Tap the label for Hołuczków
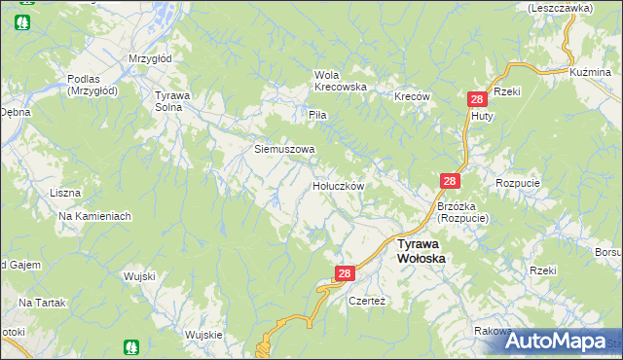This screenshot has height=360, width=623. [x=338, y=185]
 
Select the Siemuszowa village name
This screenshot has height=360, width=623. [x=284, y=150]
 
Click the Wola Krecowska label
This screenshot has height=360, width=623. [x=340, y=81]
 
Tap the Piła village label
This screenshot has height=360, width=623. [x=317, y=115]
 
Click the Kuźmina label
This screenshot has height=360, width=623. [x=590, y=72]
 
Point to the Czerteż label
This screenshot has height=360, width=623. [x=368, y=301]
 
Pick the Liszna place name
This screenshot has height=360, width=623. [x=65, y=193]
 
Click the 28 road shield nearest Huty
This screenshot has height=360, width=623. [x=477, y=100]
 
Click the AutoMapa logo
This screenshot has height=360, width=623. [x=559, y=342]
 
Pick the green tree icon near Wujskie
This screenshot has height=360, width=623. [x=131, y=345]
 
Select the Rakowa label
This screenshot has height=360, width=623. [x=494, y=331]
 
